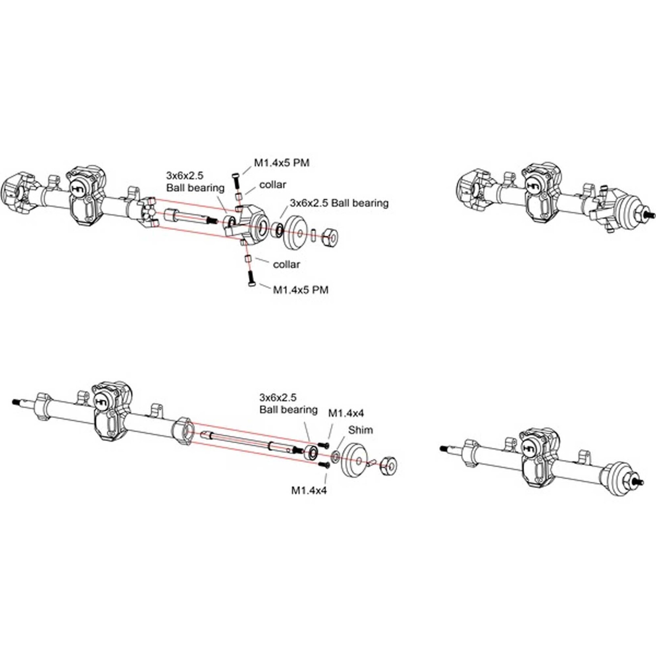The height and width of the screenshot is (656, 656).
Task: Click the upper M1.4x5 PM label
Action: point(282,163)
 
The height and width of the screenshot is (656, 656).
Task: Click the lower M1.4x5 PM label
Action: point(301,290)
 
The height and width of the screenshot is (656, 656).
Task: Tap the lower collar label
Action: point(286,264)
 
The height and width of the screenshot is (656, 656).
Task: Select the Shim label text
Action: point(360,430)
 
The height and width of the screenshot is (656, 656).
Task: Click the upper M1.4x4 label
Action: point(345,413)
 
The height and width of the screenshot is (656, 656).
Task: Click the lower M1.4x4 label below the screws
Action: point(309,491)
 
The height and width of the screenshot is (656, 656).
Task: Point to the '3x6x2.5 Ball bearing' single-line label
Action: point(339,203)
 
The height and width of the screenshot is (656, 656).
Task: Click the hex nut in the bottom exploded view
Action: point(389,466)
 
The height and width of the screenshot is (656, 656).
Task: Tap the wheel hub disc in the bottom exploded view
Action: point(355,461)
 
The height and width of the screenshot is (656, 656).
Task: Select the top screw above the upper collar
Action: point(235,180)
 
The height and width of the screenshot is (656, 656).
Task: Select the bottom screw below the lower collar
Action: point(250,278)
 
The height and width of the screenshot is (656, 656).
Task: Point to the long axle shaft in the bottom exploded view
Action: point(242,440)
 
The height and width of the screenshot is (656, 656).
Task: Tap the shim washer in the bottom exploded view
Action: point(336,457)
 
